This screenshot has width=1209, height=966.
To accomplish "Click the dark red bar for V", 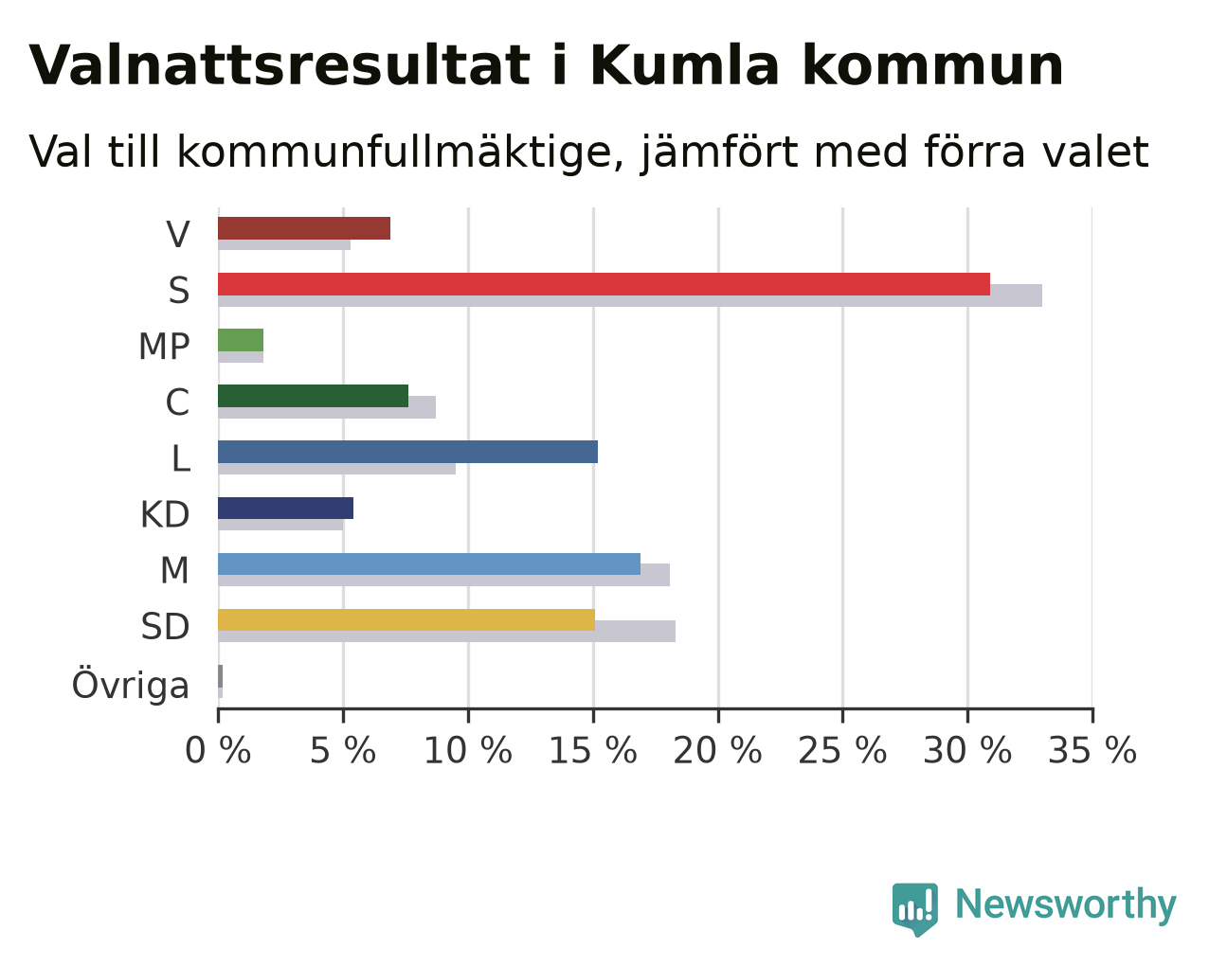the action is click(304, 228).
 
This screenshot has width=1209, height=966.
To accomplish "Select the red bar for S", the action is click(604, 284).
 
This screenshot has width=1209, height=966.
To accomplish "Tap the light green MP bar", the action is click(241, 340).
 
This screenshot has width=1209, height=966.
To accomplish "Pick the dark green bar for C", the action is click(313, 396).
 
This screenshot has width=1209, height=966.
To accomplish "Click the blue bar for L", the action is click(407, 452).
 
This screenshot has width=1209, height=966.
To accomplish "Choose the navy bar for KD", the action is click(285, 509).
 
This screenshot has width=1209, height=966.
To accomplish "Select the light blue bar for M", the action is click(429, 563).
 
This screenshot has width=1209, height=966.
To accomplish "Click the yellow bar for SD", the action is click(406, 620).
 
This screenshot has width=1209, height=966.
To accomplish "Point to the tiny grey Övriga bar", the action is click(220, 676).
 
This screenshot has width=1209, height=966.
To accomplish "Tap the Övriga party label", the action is click(131, 684).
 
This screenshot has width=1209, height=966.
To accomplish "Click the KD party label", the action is click(165, 514).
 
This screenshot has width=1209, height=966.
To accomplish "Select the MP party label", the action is click(164, 347).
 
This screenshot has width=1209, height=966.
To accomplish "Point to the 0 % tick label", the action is click(218, 751).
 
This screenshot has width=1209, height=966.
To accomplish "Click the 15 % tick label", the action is click(593, 751).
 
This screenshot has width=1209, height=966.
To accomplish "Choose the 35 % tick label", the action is click(1092, 751).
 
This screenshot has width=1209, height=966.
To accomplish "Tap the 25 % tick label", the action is click(842, 751).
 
